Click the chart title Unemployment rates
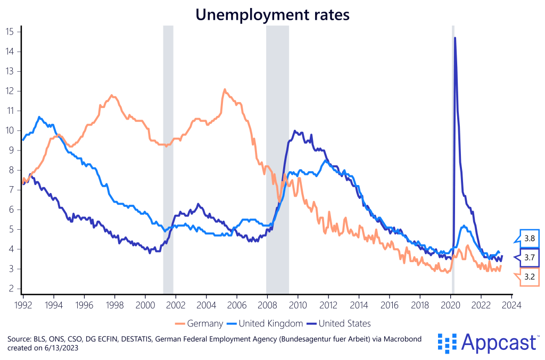[x=272, y=14]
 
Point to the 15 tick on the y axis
[x=10, y=31]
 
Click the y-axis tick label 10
[x=10, y=131]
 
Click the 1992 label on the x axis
[x=23, y=306]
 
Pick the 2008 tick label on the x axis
[x=267, y=306]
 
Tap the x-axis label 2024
[x=511, y=306]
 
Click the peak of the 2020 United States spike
[x=455, y=38]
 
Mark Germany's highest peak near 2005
[x=225, y=89]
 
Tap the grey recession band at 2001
[x=168, y=160]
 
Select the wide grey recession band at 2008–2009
[x=277, y=160]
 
